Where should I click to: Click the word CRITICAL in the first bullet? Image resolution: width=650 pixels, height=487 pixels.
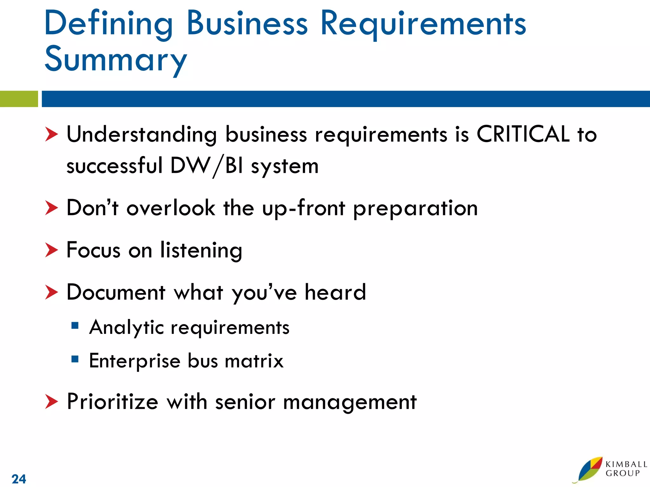click(x=523, y=134)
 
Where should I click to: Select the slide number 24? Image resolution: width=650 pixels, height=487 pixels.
click(x=19, y=479)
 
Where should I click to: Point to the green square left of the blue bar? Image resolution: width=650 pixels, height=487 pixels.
click(x=19, y=99)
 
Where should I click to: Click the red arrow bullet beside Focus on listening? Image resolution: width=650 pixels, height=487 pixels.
click(x=51, y=250)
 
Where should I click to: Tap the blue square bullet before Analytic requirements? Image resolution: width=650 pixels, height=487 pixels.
click(x=75, y=326)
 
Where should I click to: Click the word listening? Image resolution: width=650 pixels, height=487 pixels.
click(x=201, y=250)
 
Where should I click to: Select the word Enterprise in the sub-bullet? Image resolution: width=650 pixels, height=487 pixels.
click(x=135, y=361)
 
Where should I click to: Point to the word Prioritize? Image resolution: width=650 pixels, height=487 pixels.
click(x=112, y=402)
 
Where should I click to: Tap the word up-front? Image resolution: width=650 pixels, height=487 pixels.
click(x=303, y=208)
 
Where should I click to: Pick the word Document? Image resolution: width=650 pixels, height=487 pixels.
click(x=116, y=292)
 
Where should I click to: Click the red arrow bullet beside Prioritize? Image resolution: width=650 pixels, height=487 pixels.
click(x=51, y=402)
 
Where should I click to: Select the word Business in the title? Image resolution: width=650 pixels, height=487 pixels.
click(x=247, y=23)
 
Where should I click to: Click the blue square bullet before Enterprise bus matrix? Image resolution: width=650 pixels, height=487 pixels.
click(x=75, y=359)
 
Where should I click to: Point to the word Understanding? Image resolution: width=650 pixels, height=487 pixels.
click(x=142, y=134)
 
